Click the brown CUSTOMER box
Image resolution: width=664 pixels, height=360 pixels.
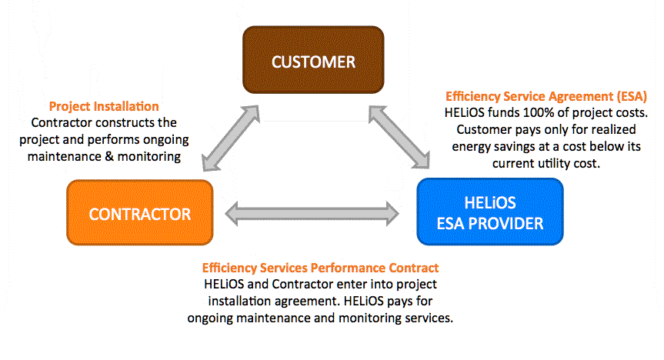pyautogui.click(x=313, y=61)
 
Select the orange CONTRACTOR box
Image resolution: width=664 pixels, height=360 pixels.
pyautogui.click(x=139, y=213)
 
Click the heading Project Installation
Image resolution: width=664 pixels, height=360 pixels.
pyautogui.click(x=103, y=106)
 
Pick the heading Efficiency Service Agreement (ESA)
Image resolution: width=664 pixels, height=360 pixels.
pyautogui.click(x=546, y=97)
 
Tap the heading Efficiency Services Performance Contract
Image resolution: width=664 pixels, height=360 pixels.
pyautogui.click(x=320, y=268)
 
